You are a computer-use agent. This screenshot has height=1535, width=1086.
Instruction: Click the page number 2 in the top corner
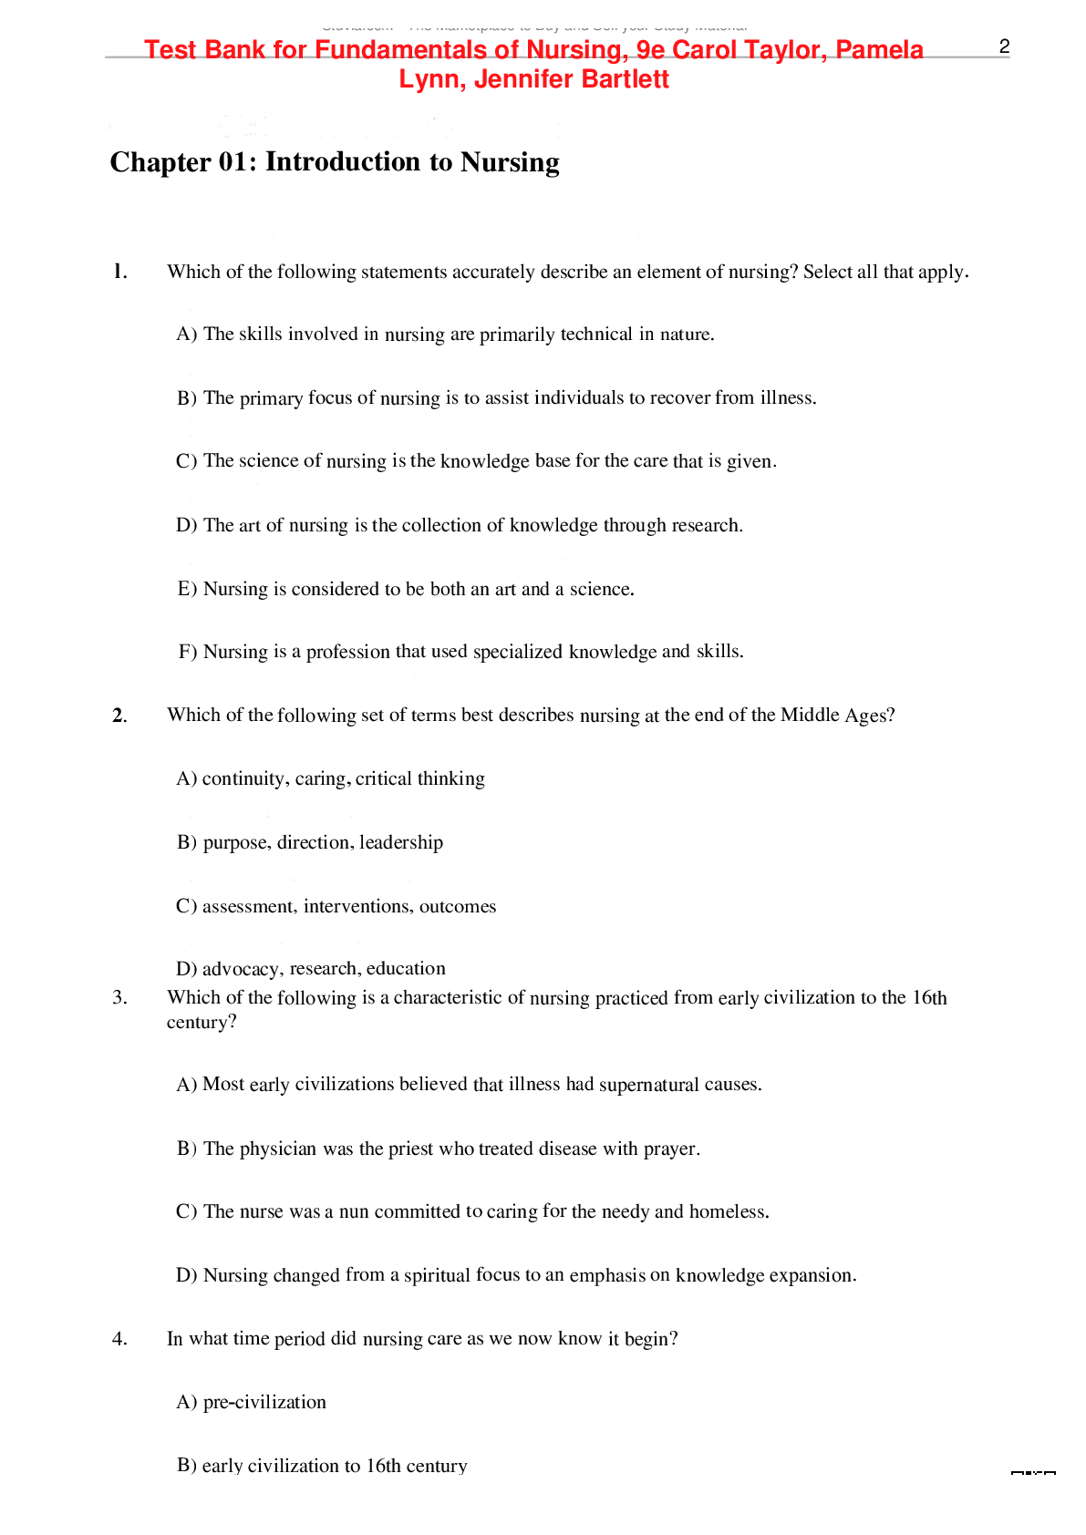1004,47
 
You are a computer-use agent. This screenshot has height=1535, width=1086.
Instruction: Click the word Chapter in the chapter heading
160,162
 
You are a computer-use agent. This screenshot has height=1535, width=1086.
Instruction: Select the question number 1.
119,272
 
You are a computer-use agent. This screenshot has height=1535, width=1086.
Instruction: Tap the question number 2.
119,716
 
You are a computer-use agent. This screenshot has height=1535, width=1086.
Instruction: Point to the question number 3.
119,998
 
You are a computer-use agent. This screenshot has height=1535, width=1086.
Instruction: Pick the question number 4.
119,1339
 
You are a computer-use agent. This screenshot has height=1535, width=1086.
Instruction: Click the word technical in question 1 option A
596,335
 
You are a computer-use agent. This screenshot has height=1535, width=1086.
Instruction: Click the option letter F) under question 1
188,652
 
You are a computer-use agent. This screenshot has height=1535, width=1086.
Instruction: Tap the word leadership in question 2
401,842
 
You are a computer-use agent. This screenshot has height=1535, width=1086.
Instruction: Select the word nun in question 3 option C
354,1211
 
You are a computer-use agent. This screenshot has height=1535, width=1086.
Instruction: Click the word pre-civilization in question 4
264,1402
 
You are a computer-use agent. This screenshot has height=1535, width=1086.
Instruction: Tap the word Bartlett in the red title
624,79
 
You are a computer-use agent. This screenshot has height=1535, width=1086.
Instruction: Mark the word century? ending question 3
202,1023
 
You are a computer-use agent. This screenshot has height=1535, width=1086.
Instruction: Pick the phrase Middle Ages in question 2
836,716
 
